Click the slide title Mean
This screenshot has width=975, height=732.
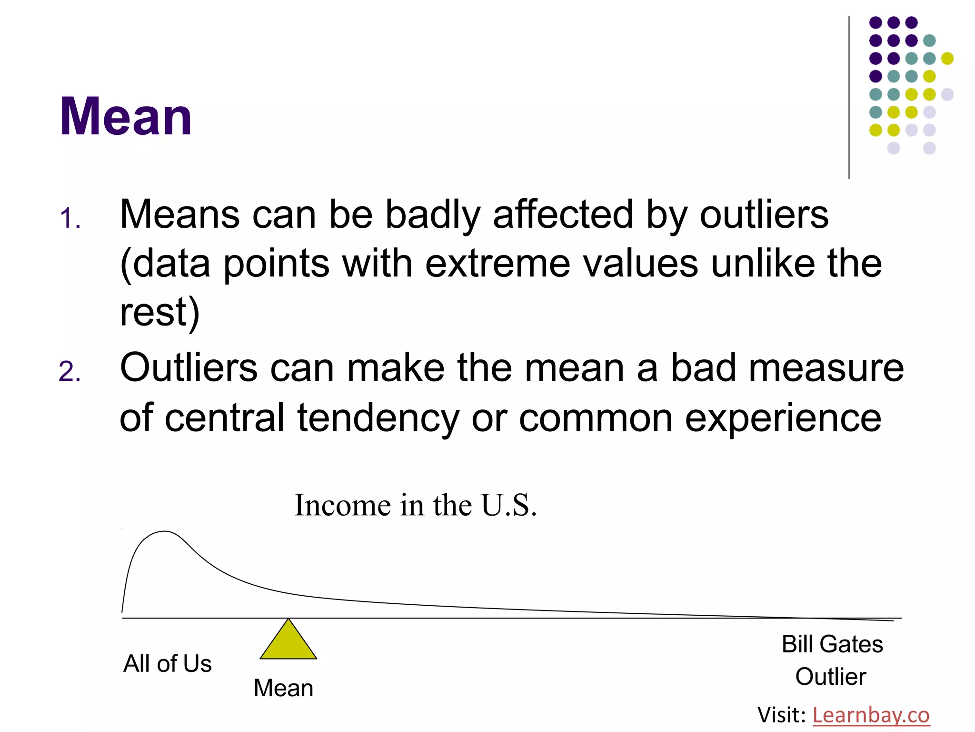tap(126, 117)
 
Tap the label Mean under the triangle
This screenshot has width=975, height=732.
tap(283, 688)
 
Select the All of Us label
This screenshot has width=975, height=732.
tap(167, 663)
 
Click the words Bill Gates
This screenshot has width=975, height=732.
tap(832, 644)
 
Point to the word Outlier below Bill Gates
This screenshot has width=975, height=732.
tap(831, 677)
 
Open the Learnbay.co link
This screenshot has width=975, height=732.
tap(871, 715)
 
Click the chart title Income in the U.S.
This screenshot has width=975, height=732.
tap(415, 505)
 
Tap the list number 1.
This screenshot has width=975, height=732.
tap(70, 219)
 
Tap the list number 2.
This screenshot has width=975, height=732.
tap(70, 372)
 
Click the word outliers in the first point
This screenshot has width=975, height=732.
tap(764, 214)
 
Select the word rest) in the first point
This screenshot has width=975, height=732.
tap(159, 312)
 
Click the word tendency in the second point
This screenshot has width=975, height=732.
tap(378, 418)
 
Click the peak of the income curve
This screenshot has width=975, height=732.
tap(165, 531)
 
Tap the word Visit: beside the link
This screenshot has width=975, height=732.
tap(781, 715)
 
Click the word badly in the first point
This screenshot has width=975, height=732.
tap(432, 214)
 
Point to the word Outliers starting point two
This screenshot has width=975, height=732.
tap(189, 368)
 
